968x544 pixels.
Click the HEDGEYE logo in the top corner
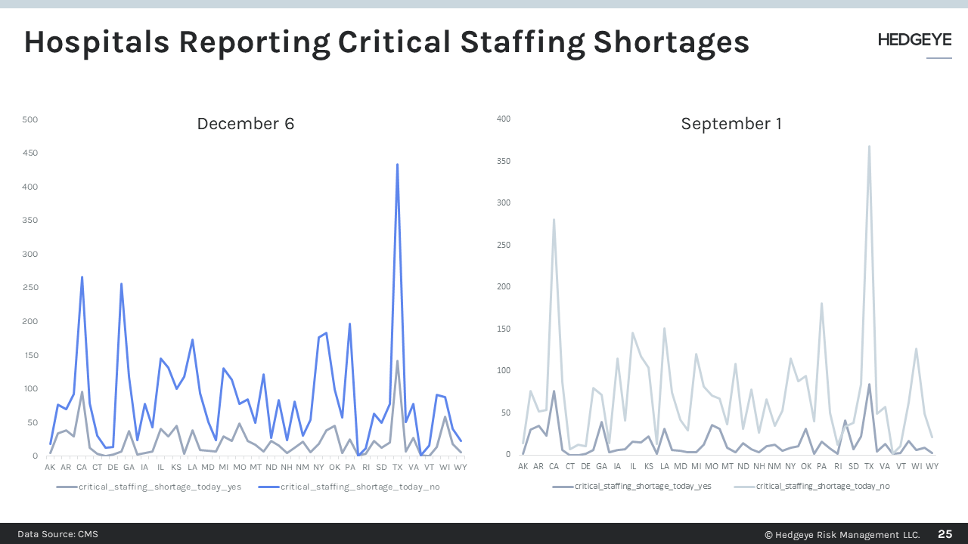[914, 41]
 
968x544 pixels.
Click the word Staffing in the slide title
[507, 42]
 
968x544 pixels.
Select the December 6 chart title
[245, 124]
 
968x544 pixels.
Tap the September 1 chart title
[731, 124]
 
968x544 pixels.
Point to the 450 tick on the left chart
[30, 153]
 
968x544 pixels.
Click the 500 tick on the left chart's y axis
[30, 119]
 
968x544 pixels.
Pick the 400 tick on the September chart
[504, 119]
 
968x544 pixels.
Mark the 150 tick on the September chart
[504, 329]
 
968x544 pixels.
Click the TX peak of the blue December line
[397, 165]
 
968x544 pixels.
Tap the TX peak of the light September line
[869, 147]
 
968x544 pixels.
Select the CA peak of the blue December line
[82, 277]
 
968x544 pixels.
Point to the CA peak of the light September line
[554, 220]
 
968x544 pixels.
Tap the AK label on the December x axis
[50, 468]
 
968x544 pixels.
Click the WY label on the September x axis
[932, 466]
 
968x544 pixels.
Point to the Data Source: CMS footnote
[58, 534]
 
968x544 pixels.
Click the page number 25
[945, 534]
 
